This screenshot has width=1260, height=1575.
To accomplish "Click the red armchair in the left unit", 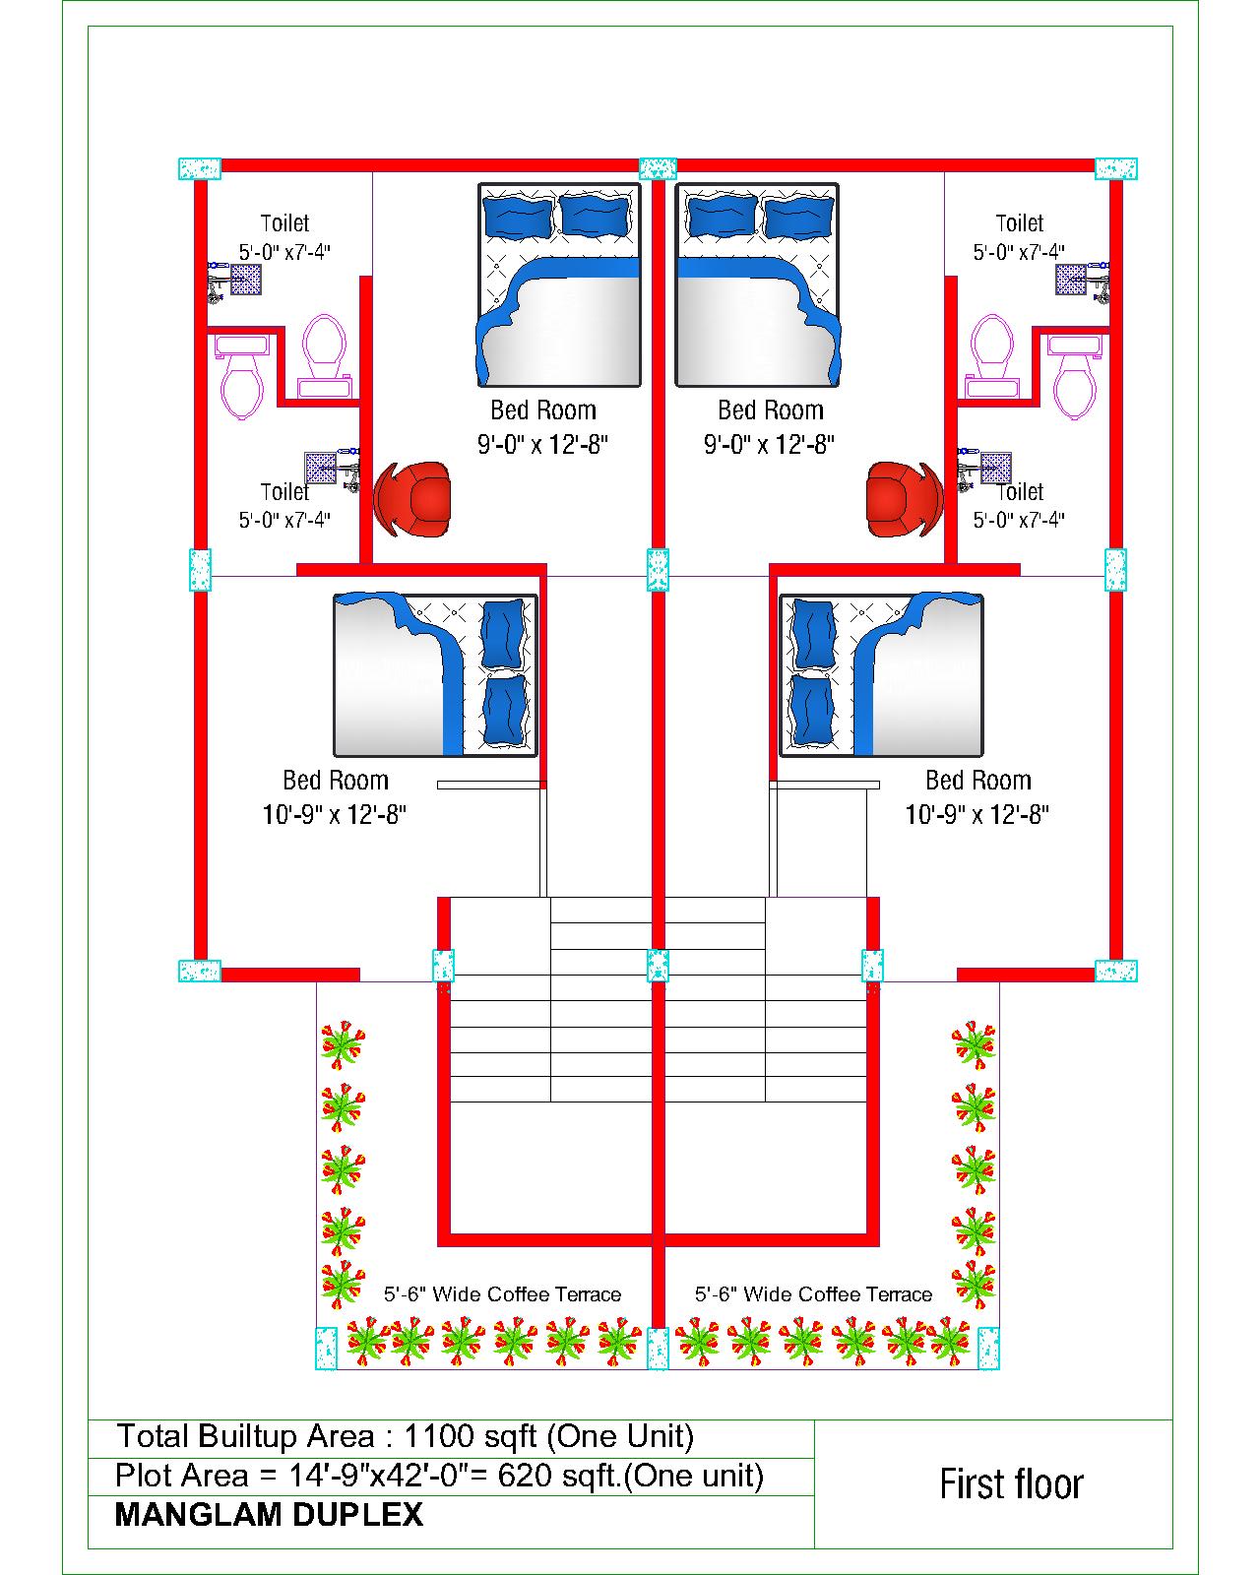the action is click(411, 499).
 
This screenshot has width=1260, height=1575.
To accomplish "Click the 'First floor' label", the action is click(1011, 1484).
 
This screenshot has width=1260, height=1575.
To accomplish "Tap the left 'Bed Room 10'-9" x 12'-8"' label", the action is click(335, 797).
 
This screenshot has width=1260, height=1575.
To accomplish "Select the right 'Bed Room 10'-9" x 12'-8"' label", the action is click(977, 797).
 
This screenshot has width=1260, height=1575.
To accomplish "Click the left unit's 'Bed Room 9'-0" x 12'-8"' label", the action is click(542, 426).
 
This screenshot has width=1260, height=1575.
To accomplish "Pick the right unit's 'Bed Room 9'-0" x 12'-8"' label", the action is click(770, 426).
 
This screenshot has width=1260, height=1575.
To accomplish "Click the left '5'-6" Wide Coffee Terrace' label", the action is click(502, 1293).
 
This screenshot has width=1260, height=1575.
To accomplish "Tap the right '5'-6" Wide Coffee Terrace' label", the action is click(813, 1293).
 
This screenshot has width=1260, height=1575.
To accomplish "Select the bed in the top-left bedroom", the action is click(559, 284).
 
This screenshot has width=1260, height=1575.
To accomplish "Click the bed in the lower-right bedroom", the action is click(881, 675).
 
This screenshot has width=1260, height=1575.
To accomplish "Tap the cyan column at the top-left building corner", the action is click(200, 168).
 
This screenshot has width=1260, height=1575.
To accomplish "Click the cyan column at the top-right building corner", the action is click(1115, 168).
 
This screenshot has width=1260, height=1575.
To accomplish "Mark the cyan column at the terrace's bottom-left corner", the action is click(327, 1349).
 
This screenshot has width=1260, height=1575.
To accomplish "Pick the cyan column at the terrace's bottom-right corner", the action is click(988, 1349).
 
